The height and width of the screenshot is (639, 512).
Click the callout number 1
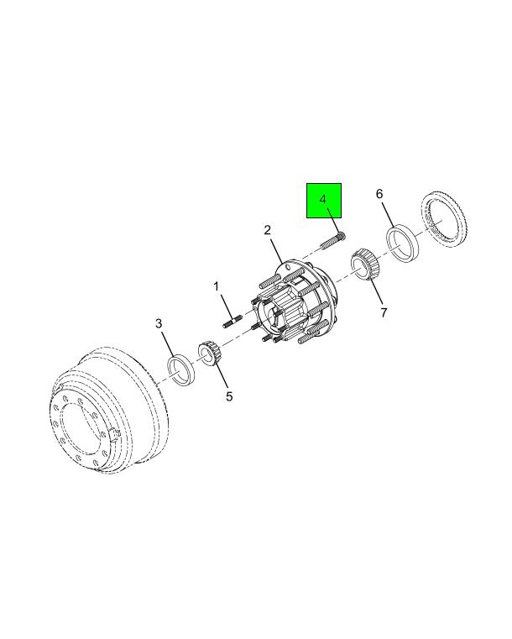tap(217, 286)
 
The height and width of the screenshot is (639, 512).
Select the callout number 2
tap(267, 230)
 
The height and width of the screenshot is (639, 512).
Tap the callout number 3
tap(159, 323)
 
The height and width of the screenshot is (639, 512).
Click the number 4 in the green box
tap(323, 199)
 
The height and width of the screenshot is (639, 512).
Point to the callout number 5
tap(229, 395)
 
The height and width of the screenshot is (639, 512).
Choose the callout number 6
tap(379, 194)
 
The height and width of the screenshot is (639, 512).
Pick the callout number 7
tap(384, 312)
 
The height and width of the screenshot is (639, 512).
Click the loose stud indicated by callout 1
tap(232, 321)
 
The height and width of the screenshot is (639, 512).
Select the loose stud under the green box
tap(332, 241)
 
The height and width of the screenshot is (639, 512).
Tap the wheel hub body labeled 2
tap(292, 302)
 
